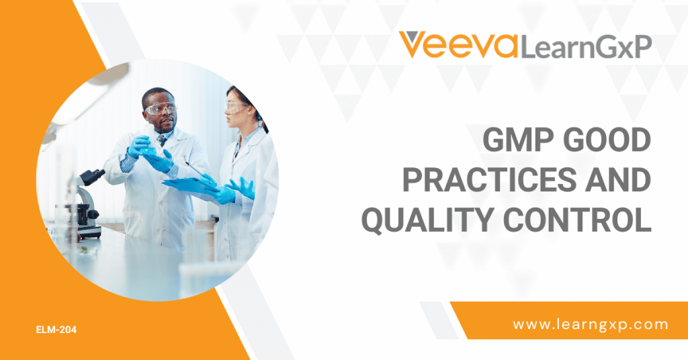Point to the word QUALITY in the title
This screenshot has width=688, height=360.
pyautogui.click(x=427, y=220)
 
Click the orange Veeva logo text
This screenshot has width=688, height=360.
pyautogui.click(x=458, y=44)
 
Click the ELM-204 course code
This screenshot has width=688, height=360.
pyautogui.click(x=56, y=330)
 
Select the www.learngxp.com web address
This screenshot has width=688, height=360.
pyautogui.click(x=590, y=325)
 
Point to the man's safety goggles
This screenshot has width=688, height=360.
pyautogui.click(x=160, y=108)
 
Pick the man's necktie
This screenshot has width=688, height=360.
pyautogui.click(x=162, y=140)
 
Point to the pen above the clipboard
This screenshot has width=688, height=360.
pyautogui.click(x=198, y=171)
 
